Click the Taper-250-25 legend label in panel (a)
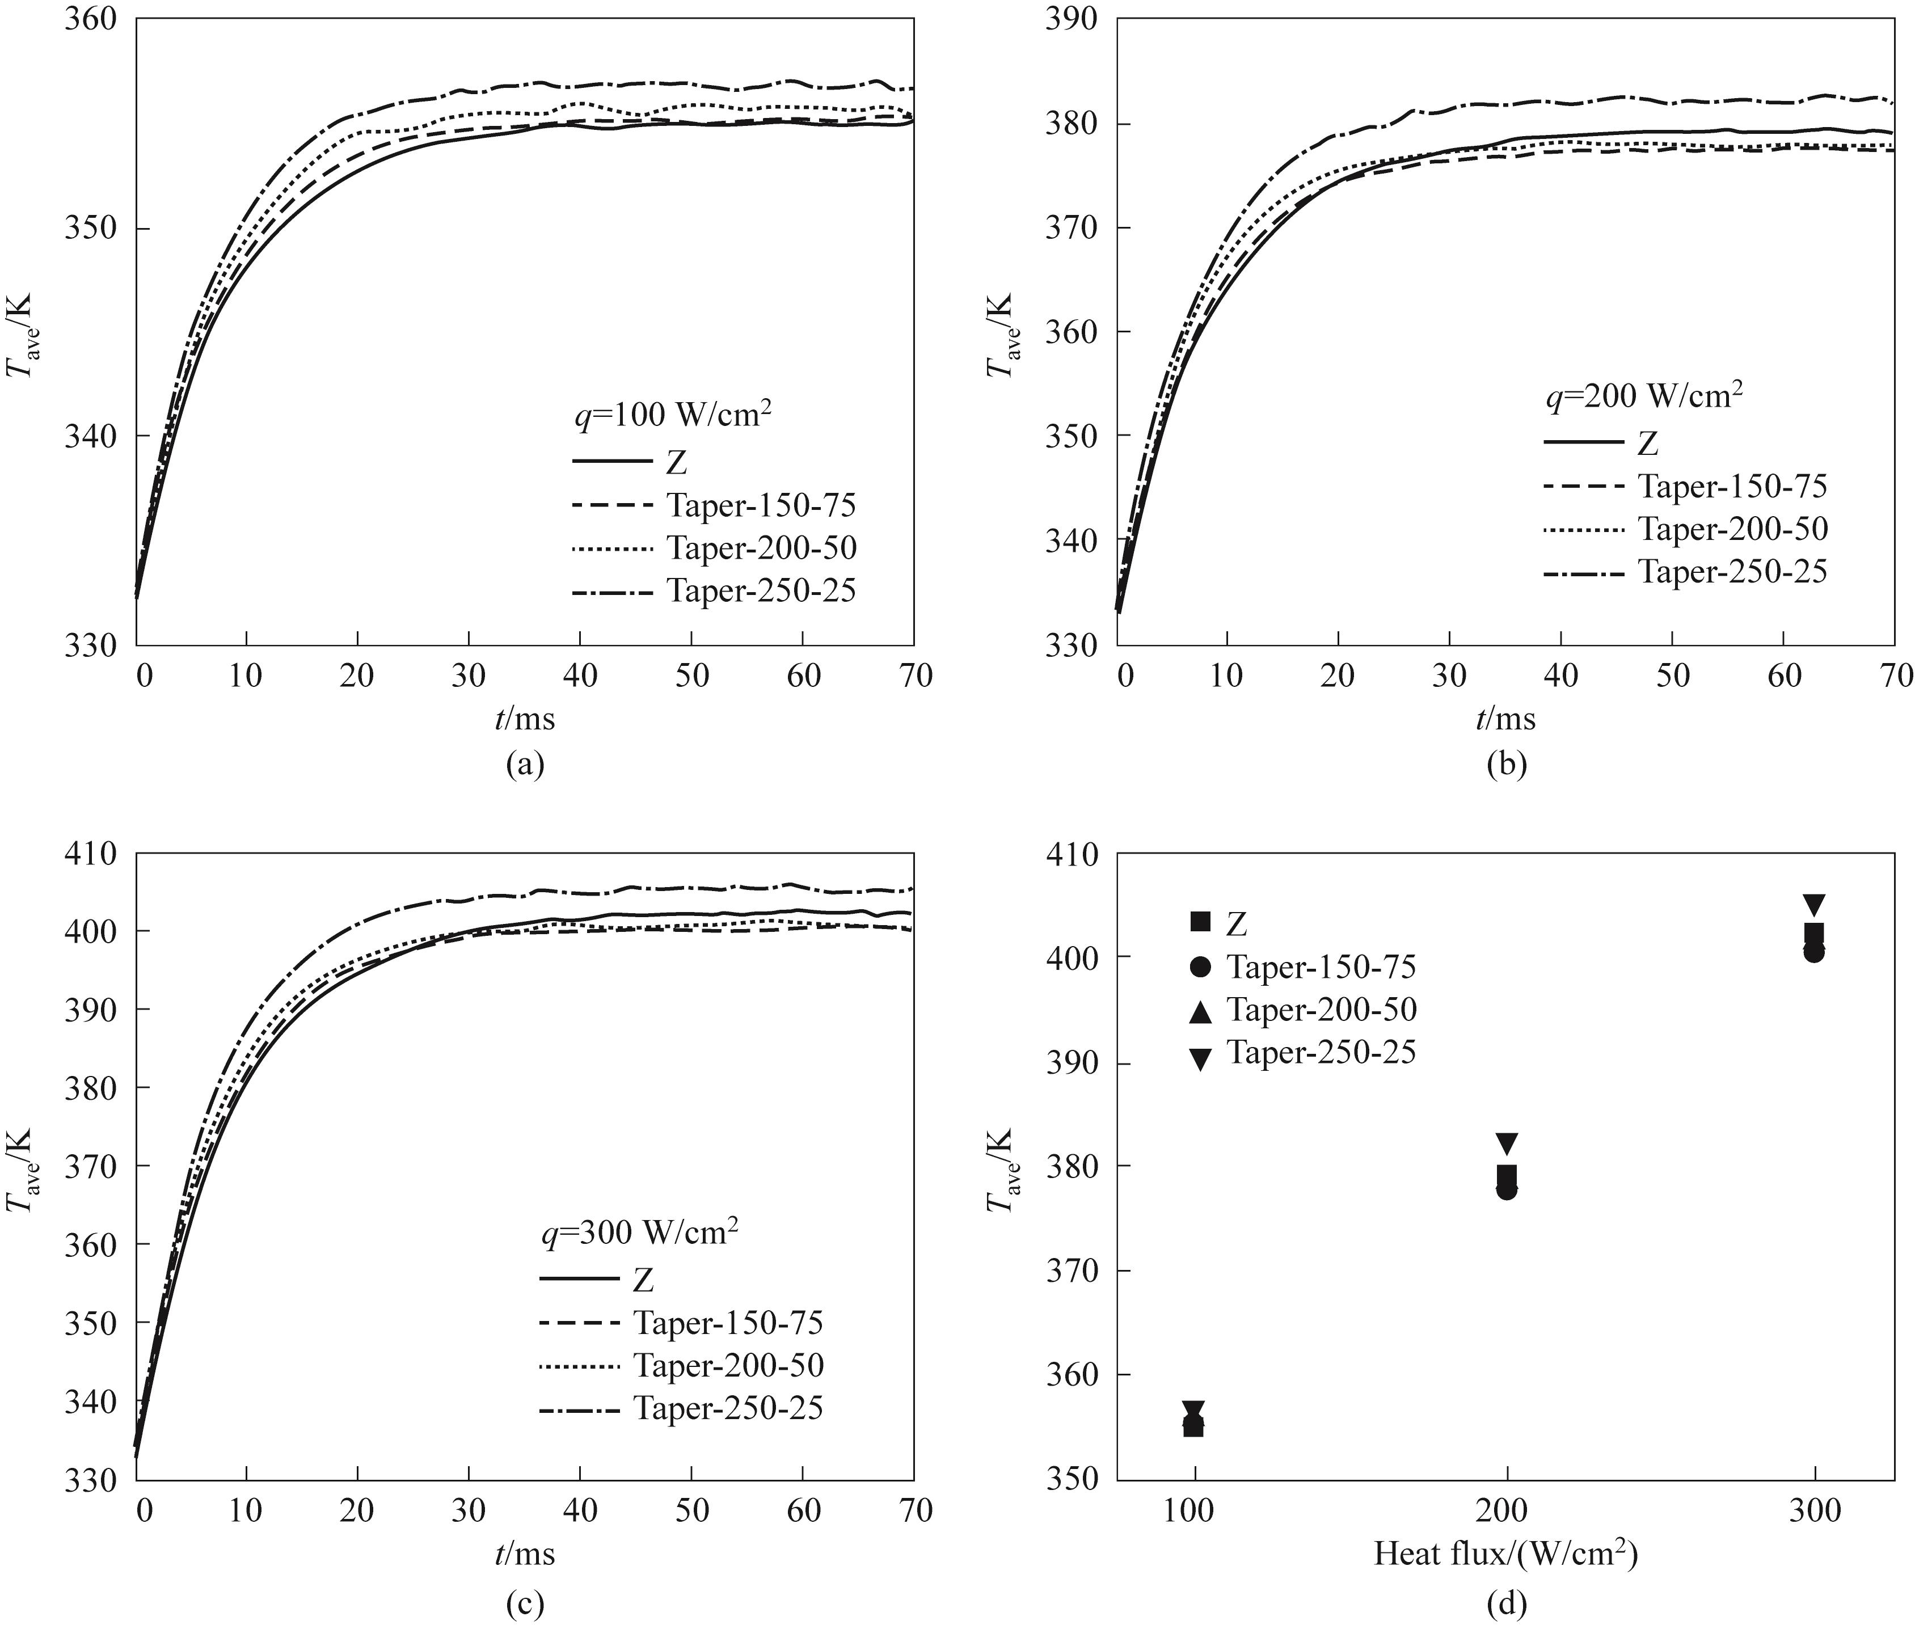pos(761,590)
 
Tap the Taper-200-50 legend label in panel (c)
pos(728,1365)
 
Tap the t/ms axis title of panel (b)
pos(1505,719)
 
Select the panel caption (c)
pos(525,1605)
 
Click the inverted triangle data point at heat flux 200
pos(1506,1144)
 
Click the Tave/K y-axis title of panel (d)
pos(1001,1170)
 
